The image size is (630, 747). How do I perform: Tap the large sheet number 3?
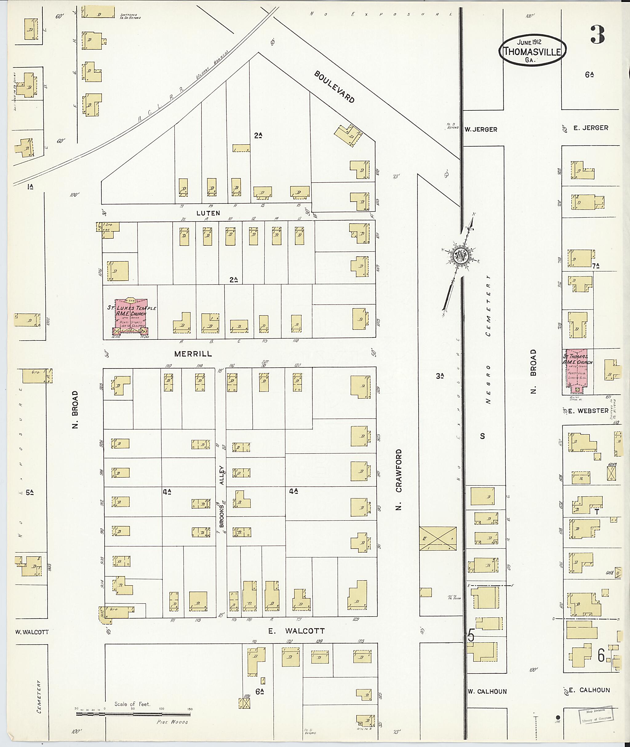click(x=597, y=35)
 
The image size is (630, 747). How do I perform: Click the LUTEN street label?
click(x=208, y=213)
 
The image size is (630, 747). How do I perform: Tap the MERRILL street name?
click(x=193, y=354)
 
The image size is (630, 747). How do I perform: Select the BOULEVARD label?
click(x=334, y=87)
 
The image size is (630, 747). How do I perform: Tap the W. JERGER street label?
click(x=481, y=129)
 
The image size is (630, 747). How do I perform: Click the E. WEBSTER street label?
click(x=588, y=411)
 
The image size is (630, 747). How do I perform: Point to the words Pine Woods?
click(x=172, y=722)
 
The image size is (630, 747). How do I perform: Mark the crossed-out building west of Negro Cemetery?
click(x=437, y=538)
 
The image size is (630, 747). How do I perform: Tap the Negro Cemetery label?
click(x=488, y=339)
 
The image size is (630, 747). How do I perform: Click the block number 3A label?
click(x=439, y=375)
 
